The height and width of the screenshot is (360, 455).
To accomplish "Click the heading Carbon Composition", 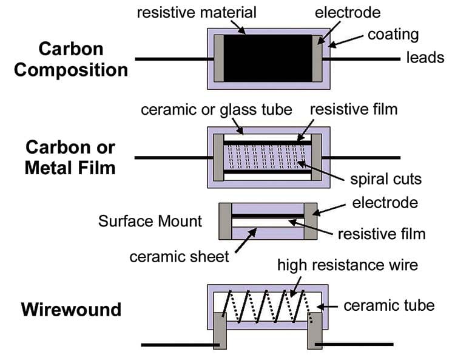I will (71, 59).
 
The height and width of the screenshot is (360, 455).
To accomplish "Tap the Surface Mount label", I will (150, 220).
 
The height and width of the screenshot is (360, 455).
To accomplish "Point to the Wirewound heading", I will (71, 309).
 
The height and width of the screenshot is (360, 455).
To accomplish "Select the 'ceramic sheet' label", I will (180, 256).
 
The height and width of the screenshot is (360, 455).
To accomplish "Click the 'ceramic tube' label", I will (389, 305).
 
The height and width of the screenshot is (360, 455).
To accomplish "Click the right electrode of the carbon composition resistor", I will (317, 58).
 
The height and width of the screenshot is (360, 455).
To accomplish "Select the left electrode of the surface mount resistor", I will (225, 222).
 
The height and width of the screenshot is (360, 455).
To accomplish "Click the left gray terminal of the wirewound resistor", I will (220, 331).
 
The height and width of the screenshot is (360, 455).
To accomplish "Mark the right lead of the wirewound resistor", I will (364, 345).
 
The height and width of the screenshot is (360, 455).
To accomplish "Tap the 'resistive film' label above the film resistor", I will (354, 110).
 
